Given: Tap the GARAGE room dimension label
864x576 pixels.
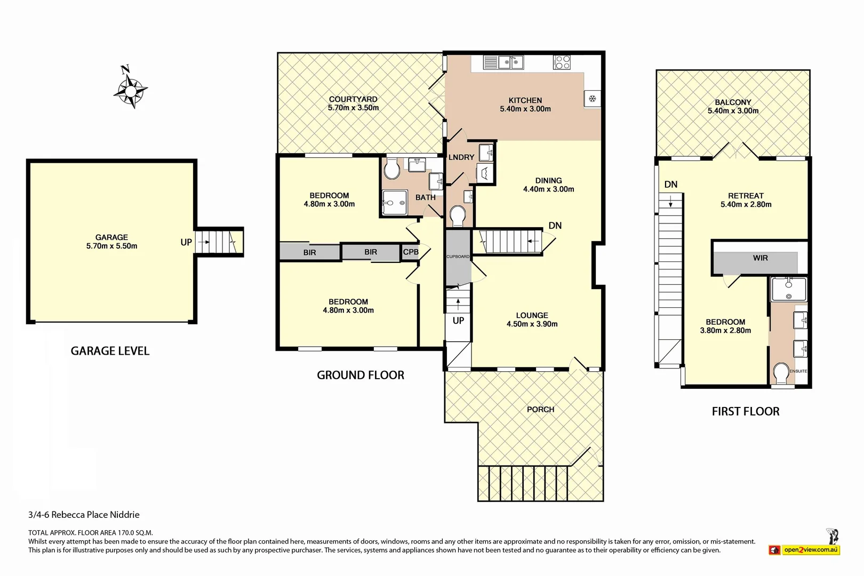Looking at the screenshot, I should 112,246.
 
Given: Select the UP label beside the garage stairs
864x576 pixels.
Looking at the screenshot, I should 186,242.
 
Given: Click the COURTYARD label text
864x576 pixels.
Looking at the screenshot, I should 353,99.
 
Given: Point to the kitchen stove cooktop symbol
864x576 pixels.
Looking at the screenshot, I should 562,62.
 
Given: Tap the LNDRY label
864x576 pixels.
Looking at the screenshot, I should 461,157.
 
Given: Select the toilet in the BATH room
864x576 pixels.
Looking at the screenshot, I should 392,171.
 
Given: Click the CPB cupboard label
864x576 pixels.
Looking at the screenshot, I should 411,252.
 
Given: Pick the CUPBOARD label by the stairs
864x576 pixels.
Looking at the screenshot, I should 458,257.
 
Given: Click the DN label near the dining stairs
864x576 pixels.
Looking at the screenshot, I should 555,226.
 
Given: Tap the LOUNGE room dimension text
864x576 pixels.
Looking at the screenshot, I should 532,324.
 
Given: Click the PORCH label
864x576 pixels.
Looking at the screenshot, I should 540,410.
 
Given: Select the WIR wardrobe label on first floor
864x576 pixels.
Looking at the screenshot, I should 760,258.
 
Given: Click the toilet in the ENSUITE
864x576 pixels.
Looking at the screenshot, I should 781,373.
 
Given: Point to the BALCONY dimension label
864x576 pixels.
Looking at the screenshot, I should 733,111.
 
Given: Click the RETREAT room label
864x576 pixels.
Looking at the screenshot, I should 746,196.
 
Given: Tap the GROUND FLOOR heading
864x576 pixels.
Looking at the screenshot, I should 361,375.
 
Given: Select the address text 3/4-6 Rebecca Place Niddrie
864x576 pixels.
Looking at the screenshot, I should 84,515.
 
